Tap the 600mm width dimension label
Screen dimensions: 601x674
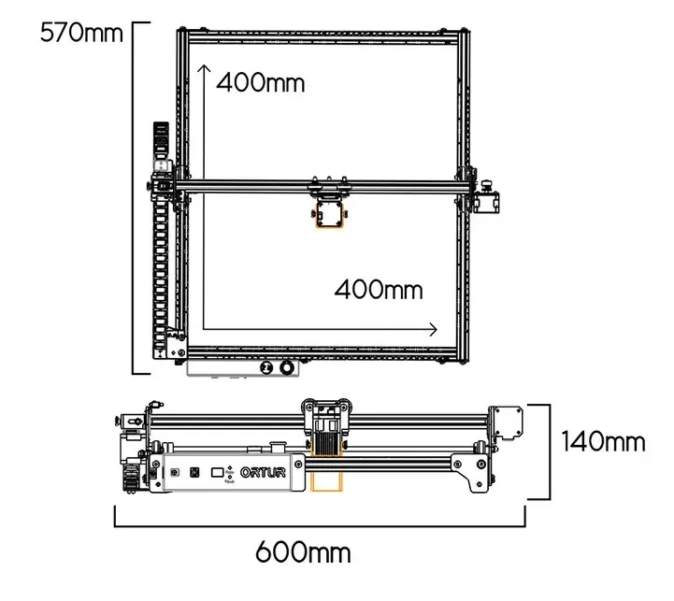(x=304, y=551)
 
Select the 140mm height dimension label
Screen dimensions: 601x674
(x=603, y=440)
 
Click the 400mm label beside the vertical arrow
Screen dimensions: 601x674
(x=261, y=82)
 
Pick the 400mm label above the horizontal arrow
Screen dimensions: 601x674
(x=379, y=289)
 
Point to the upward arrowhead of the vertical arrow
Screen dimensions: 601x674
(x=204, y=72)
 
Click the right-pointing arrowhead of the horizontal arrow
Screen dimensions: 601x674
(x=432, y=329)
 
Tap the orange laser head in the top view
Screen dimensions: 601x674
(x=332, y=215)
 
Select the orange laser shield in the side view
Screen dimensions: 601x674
(x=328, y=481)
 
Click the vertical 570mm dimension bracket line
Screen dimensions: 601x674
(x=136, y=196)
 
